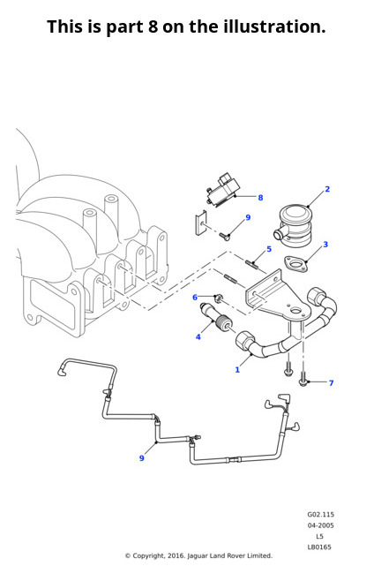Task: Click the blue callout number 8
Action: click(260, 198)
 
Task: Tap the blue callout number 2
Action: click(327, 189)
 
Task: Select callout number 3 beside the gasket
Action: click(325, 244)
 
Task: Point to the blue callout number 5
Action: click(269, 249)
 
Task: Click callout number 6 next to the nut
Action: click(195, 298)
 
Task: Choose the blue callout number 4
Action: click(198, 336)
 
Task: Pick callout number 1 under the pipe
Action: click(237, 370)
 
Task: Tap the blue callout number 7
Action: click(332, 383)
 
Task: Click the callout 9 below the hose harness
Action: click(142, 458)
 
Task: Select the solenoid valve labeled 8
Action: click(222, 193)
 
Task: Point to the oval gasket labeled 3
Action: click(296, 264)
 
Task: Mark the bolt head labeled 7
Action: click(303, 381)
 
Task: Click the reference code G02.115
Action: click(320, 514)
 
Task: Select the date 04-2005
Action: click(320, 525)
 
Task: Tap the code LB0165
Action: click(319, 547)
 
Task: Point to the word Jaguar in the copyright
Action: click(198, 556)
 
